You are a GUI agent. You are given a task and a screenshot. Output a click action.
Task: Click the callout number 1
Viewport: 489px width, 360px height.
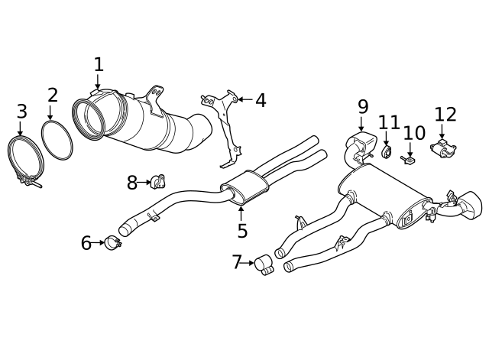[99, 64]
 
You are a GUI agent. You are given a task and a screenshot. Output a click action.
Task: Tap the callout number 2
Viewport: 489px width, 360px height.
[52, 96]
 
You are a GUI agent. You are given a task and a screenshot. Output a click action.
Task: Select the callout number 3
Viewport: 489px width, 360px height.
[21, 112]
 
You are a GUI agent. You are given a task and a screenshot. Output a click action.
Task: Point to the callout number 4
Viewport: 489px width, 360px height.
[261, 100]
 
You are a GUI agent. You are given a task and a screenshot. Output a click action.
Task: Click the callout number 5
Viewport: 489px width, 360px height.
[242, 230]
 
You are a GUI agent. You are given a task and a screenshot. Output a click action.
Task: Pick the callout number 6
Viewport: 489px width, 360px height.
[86, 243]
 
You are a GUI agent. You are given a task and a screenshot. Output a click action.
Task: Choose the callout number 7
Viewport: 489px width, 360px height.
[237, 263]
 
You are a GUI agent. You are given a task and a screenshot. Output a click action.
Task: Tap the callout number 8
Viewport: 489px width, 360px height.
[132, 182]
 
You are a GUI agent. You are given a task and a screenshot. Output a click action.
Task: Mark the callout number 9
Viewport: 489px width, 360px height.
[362, 106]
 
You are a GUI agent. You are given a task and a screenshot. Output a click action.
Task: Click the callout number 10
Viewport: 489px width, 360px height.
[414, 134]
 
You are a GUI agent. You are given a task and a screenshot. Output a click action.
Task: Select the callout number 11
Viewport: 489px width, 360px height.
[389, 122]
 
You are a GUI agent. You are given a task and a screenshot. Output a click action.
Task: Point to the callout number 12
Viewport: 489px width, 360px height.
[445, 115]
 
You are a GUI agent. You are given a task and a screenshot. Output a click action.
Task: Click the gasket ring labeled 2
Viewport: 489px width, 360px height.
[58, 141]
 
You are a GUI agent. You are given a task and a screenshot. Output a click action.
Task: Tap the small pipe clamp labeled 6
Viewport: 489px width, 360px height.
[113, 244]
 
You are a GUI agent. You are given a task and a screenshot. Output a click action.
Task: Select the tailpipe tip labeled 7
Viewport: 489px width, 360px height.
[264, 265]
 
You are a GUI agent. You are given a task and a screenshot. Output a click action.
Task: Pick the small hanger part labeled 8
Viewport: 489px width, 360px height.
[159, 182]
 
